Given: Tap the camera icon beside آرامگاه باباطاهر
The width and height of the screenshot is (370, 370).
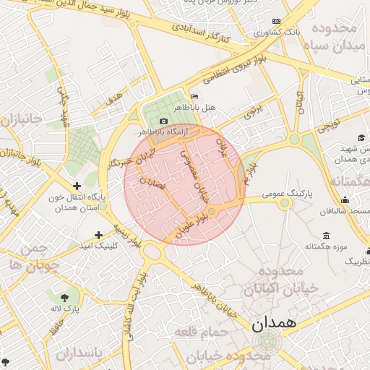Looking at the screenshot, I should pos(164,121).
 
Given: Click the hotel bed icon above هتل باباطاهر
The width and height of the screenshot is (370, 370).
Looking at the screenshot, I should pos(194,96).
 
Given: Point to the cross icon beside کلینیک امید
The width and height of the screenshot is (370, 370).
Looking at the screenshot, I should pos(98,235).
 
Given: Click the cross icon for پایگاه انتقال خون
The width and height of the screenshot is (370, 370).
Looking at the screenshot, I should pos(77,186).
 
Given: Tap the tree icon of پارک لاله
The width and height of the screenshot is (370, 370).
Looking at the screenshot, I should pos(66,297).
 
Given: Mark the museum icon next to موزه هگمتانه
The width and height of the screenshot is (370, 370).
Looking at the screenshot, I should pos(326,236).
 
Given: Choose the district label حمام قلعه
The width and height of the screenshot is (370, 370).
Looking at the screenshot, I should pos(200,332).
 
